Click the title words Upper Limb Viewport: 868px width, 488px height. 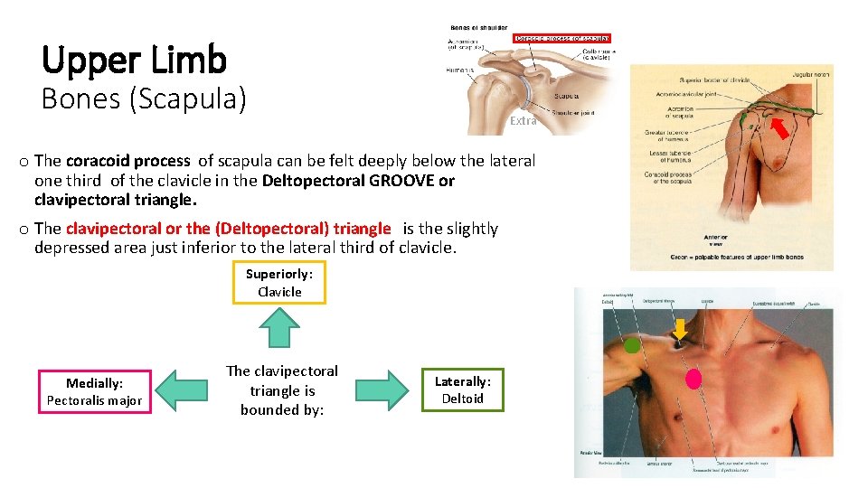(134, 60)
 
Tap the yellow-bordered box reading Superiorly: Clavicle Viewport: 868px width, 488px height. (279, 282)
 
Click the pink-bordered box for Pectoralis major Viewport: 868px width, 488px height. (94, 392)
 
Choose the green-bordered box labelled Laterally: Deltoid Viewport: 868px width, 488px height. (462, 389)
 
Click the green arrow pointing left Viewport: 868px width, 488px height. (181, 390)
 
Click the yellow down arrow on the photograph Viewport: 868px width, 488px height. (680, 331)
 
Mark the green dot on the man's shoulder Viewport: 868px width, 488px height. (632, 344)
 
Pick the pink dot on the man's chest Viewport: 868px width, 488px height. (693, 378)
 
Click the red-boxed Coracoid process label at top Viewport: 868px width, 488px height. (561, 39)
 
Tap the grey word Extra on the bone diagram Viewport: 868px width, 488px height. (523, 120)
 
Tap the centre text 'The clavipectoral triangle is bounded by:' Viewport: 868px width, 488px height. (281, 390)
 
